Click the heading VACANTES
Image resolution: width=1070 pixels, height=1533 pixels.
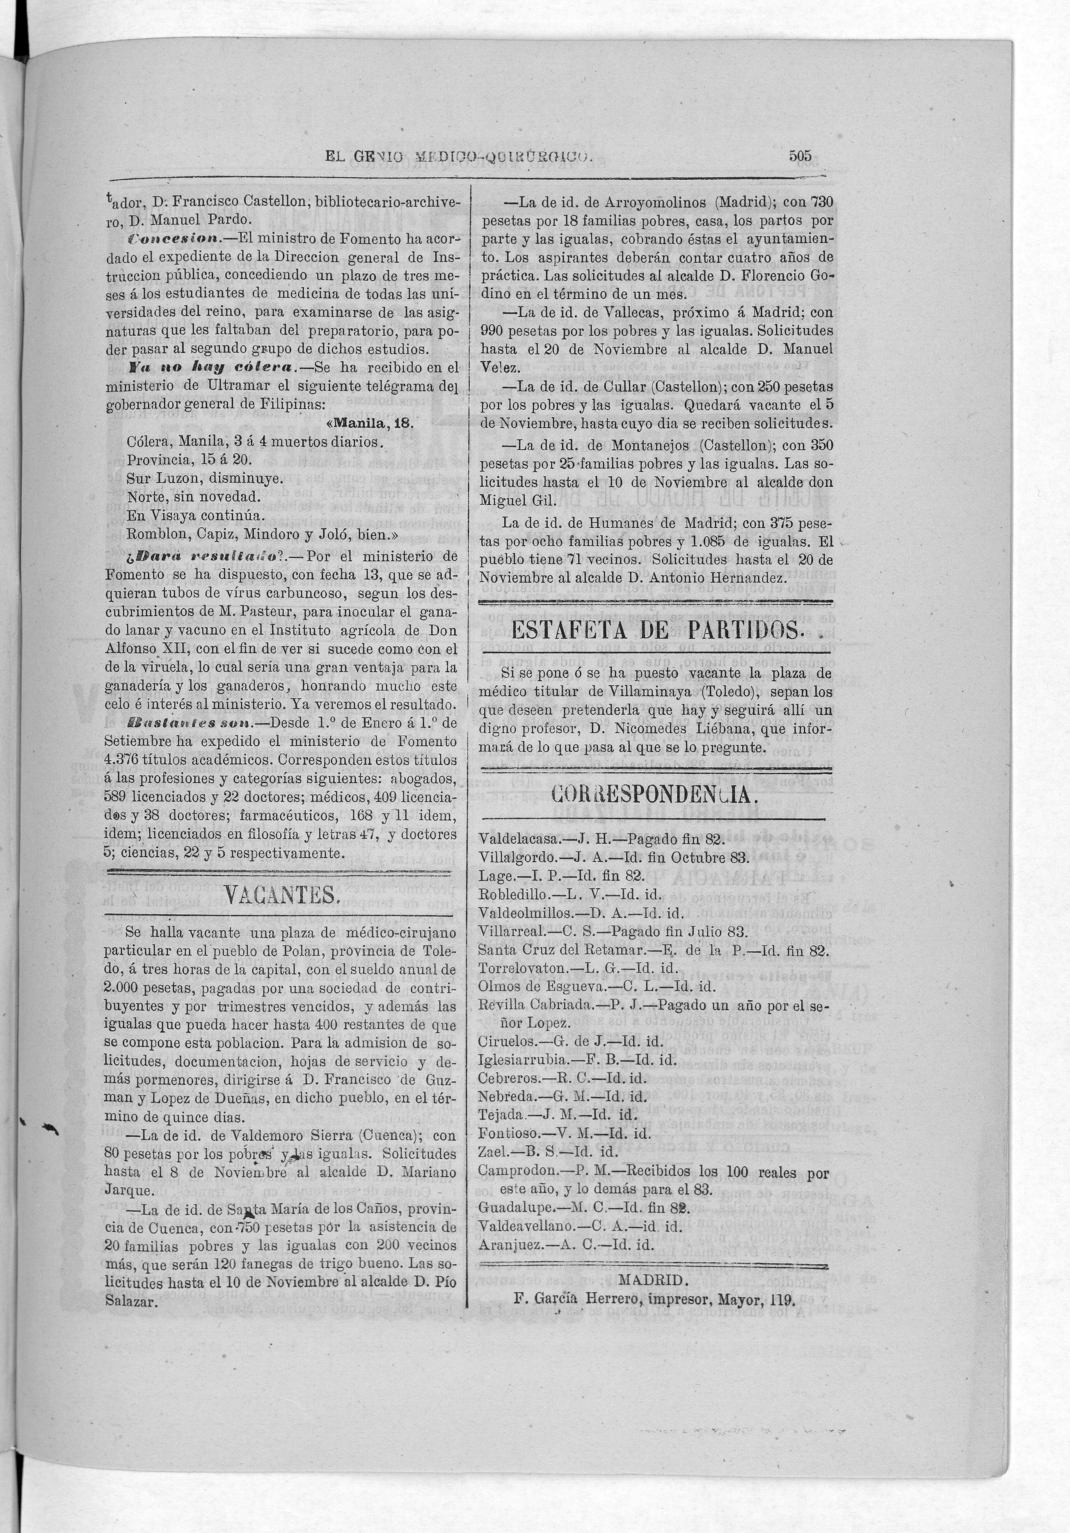coord(280,895)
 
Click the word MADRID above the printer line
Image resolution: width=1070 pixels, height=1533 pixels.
coord(652,1279)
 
